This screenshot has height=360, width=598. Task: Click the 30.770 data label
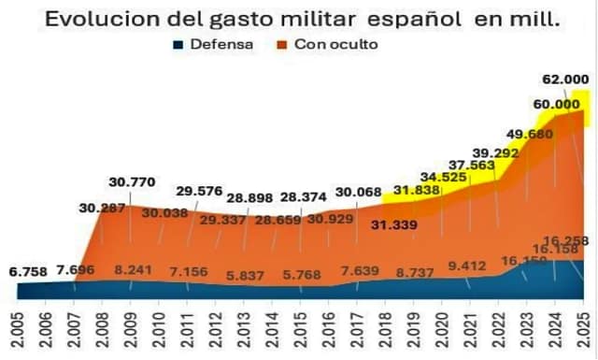pyautogui.click(x=132, y=182)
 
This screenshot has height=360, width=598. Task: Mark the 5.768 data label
pyautogui.click(x=302, y=275)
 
